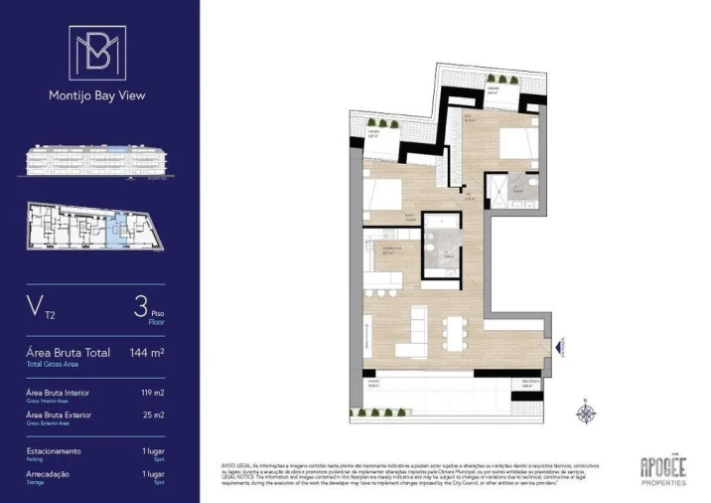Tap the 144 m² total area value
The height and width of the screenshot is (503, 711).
point(147,353)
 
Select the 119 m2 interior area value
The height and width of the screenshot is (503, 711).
point(152,393)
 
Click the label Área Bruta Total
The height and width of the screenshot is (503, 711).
point(70,353)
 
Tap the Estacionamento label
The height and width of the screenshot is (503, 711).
point(56,450)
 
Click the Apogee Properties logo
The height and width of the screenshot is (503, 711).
point(662,469)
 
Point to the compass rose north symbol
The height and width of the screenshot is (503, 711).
point(585,411)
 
